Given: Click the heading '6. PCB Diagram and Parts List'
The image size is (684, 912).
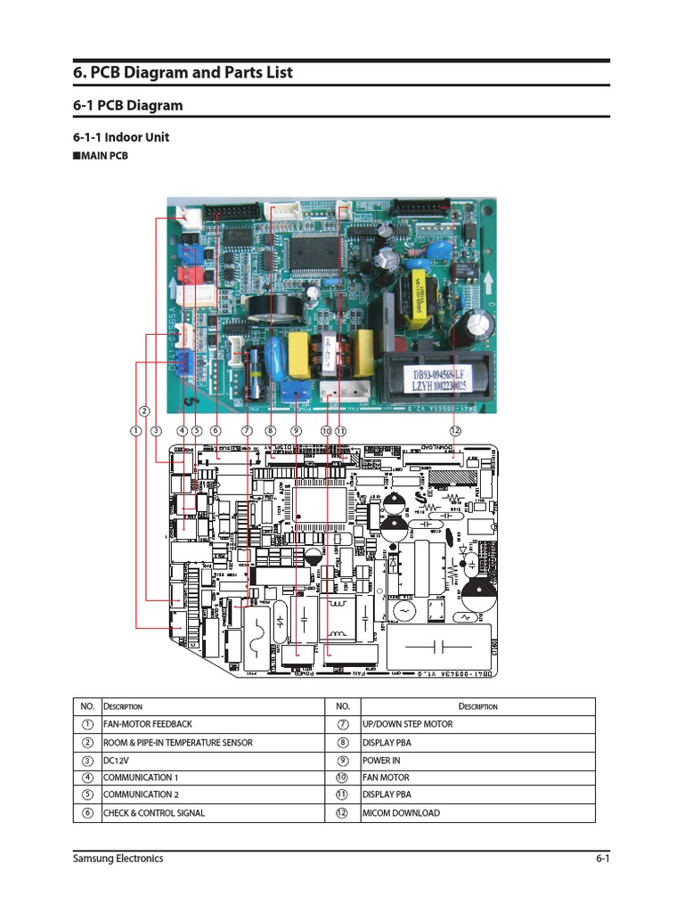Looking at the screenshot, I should click(x=183, y=73).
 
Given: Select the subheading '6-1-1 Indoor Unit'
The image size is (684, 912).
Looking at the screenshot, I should click(x=120, y=137).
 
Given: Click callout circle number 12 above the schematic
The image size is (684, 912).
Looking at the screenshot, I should click(x=455, y=430).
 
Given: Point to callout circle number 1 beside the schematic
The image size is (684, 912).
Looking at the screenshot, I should click(x=135, y=430).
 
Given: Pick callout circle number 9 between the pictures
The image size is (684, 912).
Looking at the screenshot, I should click(x=297, y=430).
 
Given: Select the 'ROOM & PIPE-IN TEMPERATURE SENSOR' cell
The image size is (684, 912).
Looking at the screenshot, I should click(x=177, y=742).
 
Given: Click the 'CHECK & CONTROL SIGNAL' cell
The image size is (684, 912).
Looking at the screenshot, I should click(x=153, y=812).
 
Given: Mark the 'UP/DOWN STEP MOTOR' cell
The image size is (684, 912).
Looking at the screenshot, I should click(x=407, y=724).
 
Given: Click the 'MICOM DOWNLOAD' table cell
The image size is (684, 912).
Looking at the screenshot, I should click(x=401, y=812).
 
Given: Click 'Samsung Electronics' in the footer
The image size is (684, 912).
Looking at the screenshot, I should click(x=118, y=859).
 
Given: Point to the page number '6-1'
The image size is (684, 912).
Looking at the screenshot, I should click(x=602, y=859).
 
